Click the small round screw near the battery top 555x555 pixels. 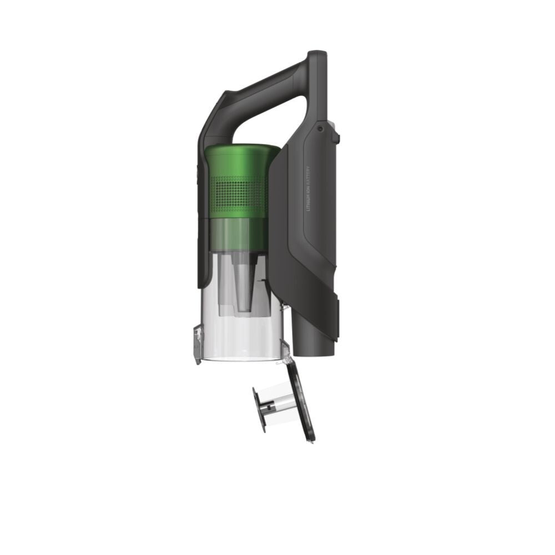pos(320,129)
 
